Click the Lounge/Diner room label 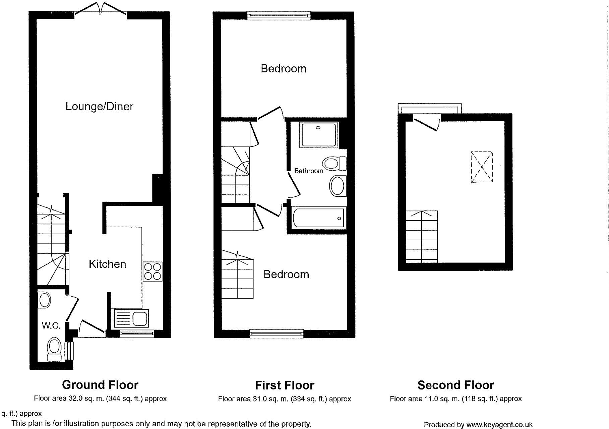pyautogui.click(x=99, y=107)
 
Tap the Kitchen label pyautogui.click(x=107, y=264)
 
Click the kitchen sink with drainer pyautogui.click(x=131, y=318)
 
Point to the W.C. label pyautogui.click(x=51, y=325)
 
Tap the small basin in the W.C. pyautogui.click(x=45, y=300)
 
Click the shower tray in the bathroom pyautogui.click(x=319, y=135)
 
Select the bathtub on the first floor pyautogui.click(x=318, y=218)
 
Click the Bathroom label pyautogui.click(x=308, y=171)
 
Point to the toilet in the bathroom pyautogui.click(x=334, y=164)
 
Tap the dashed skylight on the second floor pyautogui.click(x=482, y=167)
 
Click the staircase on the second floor pyautogui.click(x=422, y=237)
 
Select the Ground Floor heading pyautogui.click(x=100, y=385)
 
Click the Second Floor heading pyautogui.click(x=455, y=385)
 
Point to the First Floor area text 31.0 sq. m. pyautogui.click(x=284, y=399)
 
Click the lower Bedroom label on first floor pyautogui.click(x=286, y=274)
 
